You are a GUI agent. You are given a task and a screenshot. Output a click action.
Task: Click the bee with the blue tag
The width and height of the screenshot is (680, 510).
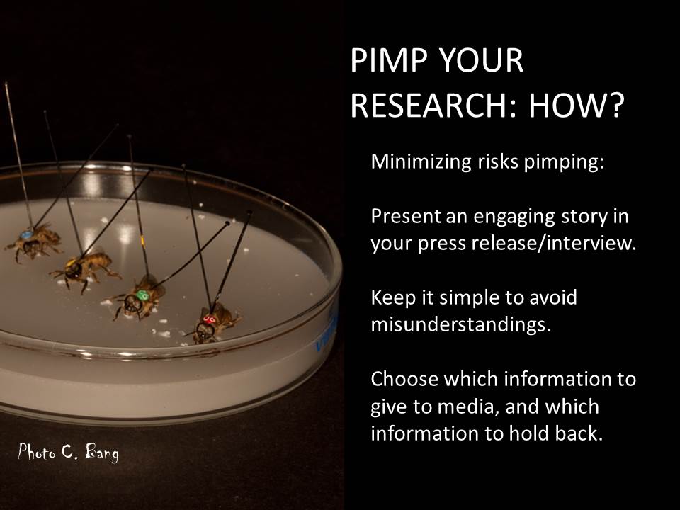tap(34, 242)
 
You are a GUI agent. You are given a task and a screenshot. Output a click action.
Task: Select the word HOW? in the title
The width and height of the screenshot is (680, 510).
tap(577, 106)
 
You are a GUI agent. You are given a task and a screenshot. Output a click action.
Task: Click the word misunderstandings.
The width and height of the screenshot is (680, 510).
tap(460, 324)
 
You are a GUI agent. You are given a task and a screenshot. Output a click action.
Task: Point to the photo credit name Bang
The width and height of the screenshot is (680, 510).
tap(102, 453)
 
